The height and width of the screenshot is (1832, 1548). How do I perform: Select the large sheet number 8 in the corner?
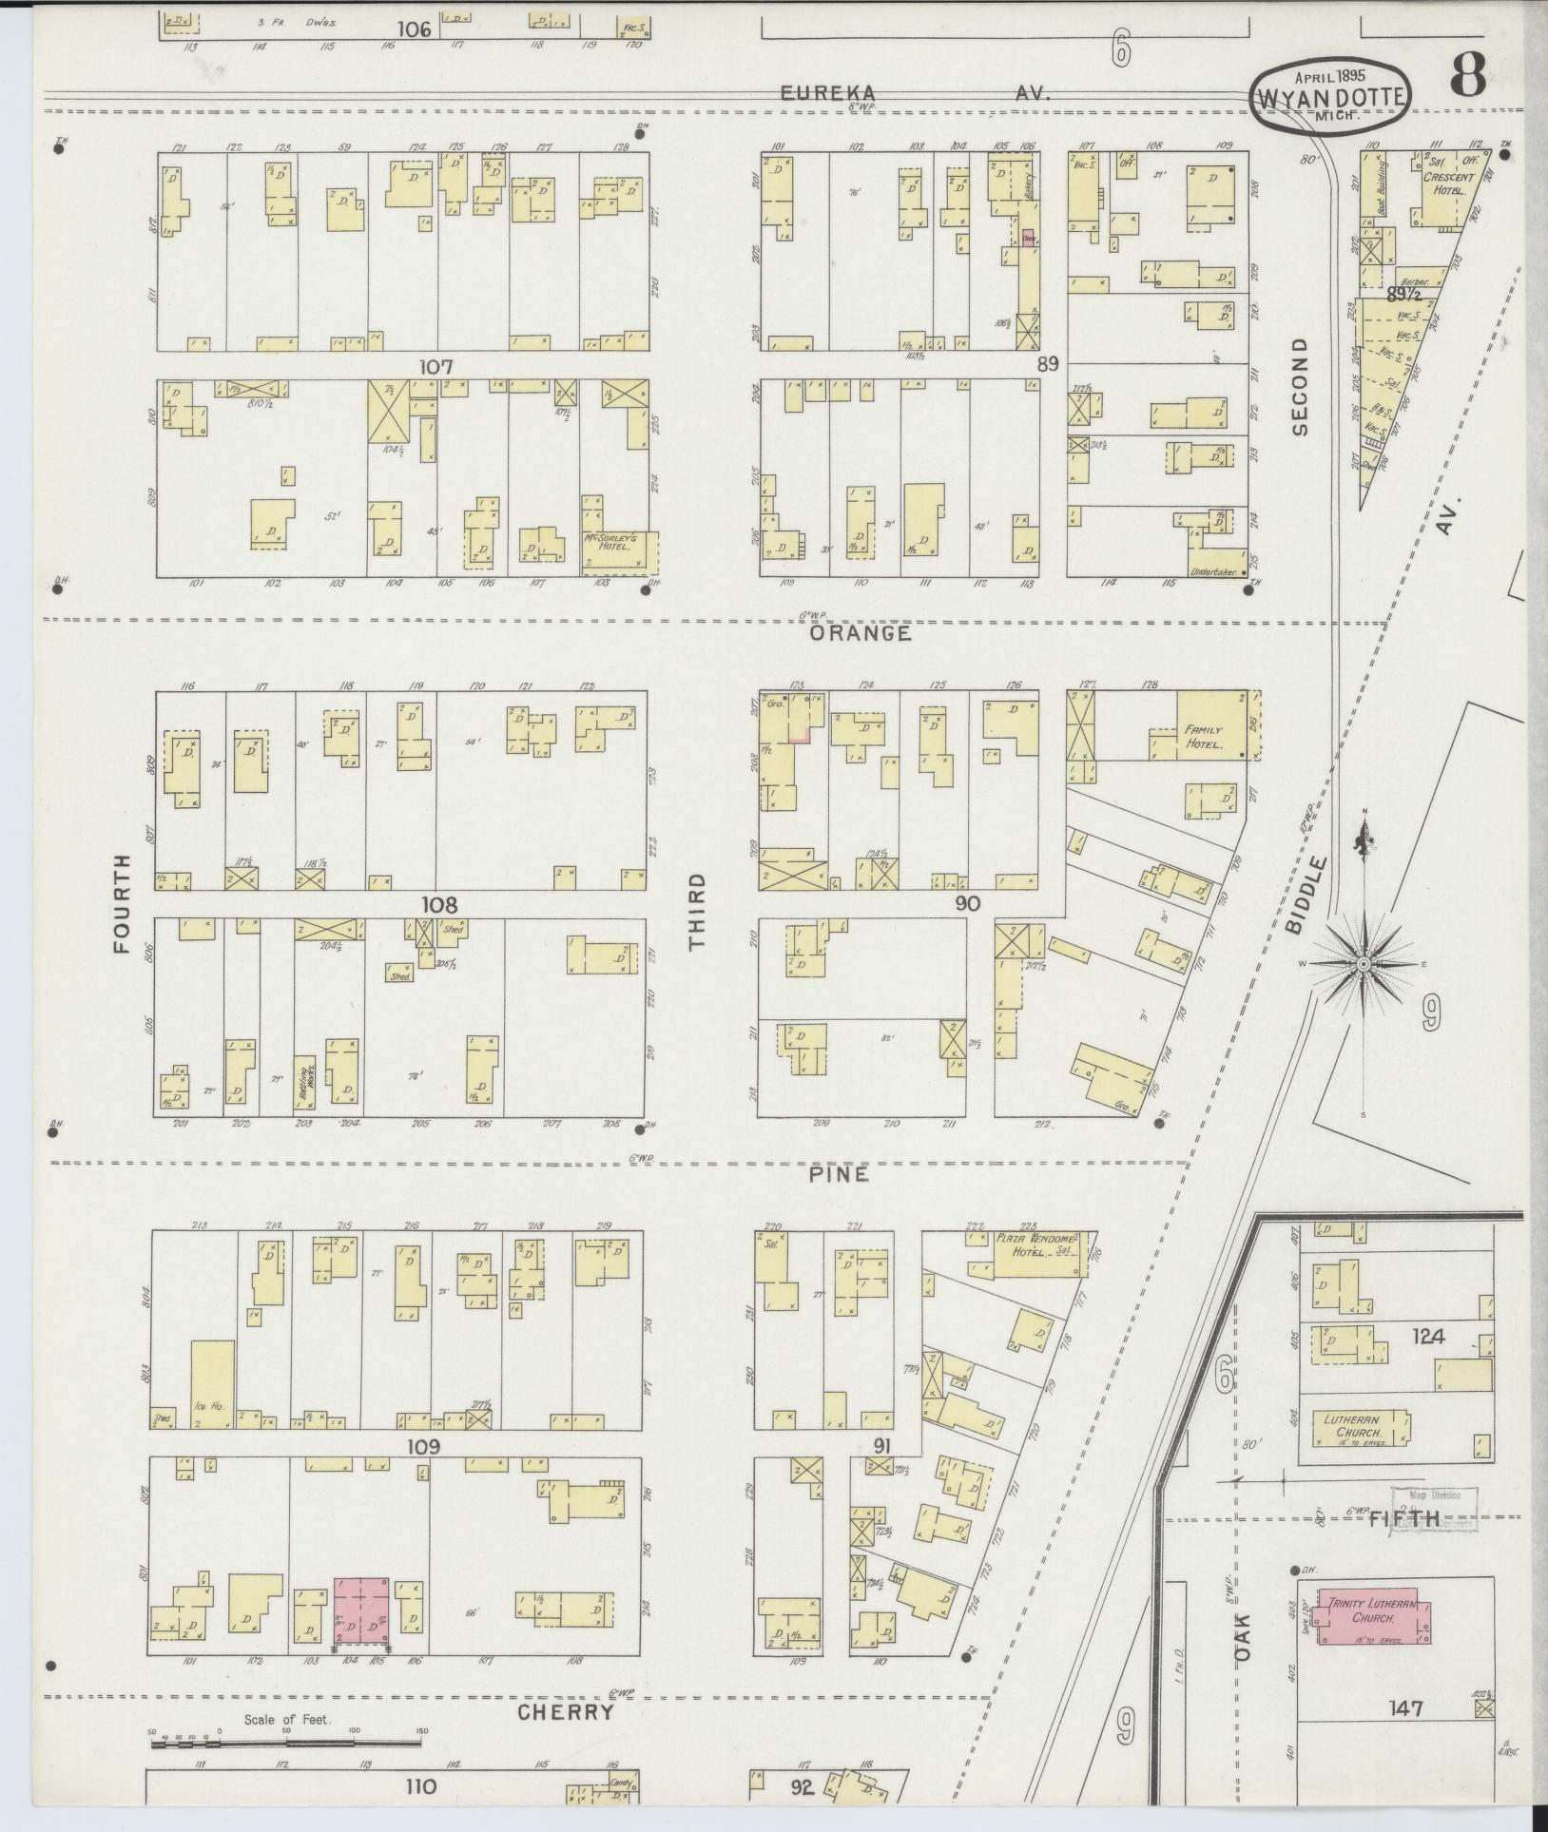click(x=1468, y=74)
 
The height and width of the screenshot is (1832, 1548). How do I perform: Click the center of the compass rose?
click(x=1363, y=964)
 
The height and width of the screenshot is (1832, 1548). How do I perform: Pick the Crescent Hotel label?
click(x=1448, y=183)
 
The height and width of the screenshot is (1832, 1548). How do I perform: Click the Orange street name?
click(x=861, y=633)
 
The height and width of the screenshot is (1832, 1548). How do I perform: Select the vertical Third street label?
click(x=699, y=911)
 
